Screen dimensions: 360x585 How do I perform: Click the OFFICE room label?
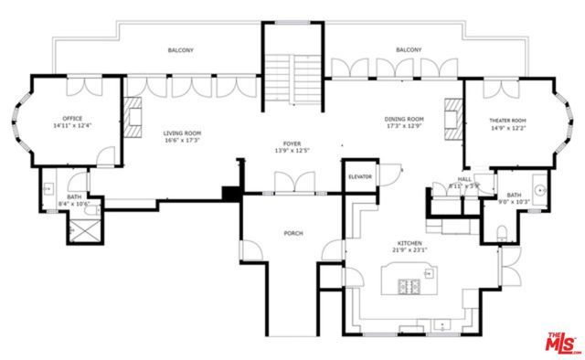[72, 119]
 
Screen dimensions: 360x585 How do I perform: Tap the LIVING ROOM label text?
[183, 132]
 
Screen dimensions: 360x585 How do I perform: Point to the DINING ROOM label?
[403, 119]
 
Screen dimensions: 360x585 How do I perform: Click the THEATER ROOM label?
[507, 120]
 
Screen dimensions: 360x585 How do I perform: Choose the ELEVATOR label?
[359, 175]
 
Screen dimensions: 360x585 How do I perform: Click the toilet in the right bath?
[503, 236]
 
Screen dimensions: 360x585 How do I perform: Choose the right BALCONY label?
[409, 50]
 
